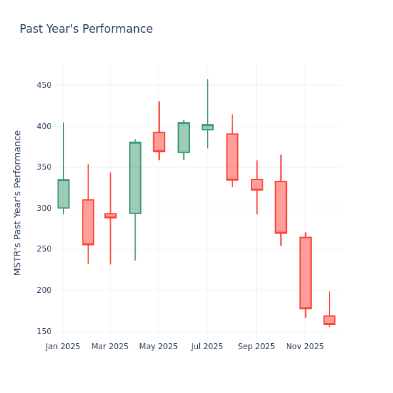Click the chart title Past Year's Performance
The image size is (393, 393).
click(86, 29)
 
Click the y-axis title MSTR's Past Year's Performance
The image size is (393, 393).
click(18, 202)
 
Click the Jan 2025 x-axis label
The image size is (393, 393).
click(63, 346)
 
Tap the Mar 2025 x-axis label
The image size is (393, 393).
click(110, 346)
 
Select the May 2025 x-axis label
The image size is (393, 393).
click(159, 346)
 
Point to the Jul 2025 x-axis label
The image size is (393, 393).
click(207, 346)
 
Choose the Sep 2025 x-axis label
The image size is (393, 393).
click(256, 346)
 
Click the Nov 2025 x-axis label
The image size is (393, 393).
click(305, 346)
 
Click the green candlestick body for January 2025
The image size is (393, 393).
click(64, 194)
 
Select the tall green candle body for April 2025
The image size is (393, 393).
click(135, 178)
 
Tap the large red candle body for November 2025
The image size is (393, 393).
click(305, 272)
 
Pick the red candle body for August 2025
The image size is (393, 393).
click(232, 157)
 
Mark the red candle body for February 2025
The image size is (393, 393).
click(88, 222)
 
